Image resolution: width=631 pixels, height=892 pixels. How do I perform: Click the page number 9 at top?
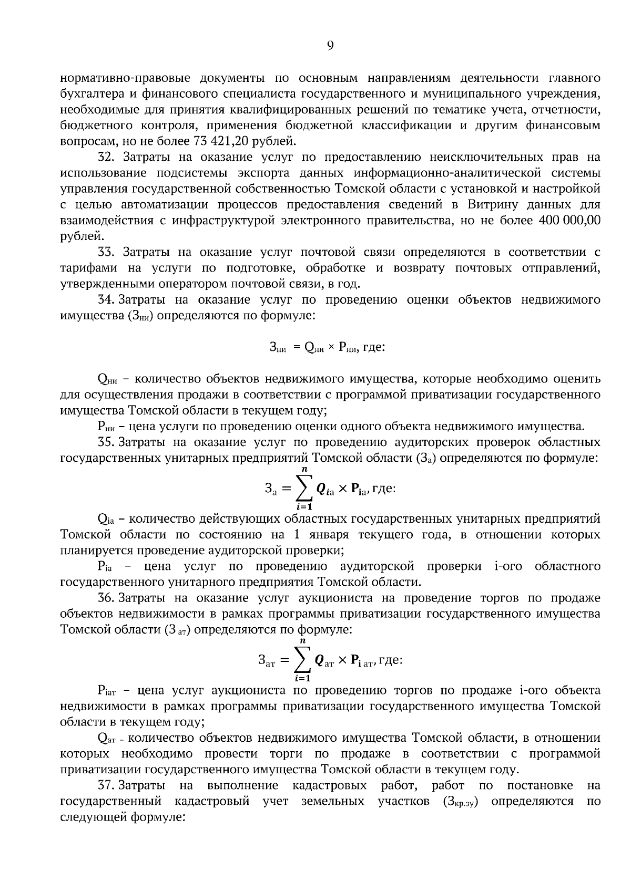(330, 46)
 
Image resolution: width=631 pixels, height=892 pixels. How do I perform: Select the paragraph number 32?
(107, 157)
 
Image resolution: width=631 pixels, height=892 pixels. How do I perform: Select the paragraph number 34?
(106, 300)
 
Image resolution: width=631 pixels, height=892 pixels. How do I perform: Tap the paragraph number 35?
(107, 442)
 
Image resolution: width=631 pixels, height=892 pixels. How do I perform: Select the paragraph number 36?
(107, 598)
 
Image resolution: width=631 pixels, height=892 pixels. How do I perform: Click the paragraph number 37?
(106, 785)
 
